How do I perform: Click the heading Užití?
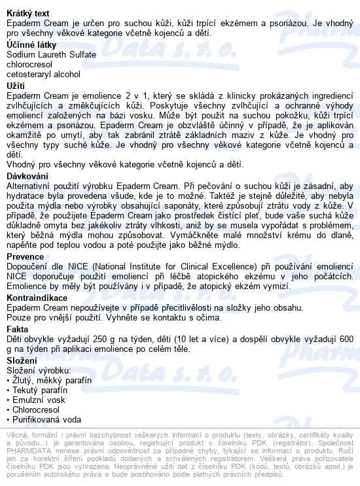(x=16, y=85)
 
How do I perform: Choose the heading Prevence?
(x=26, y=257)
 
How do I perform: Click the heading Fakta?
(x=18, y=329)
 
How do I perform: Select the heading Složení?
(x=22, y=360)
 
